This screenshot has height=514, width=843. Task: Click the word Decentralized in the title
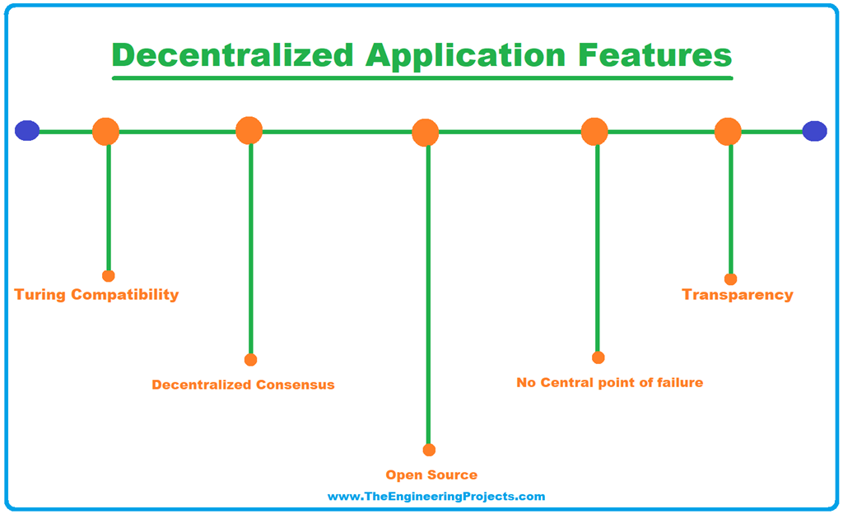click(233, 55)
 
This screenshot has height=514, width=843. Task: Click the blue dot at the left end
click(27, 131)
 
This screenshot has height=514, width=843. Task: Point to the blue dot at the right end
click(814, 131)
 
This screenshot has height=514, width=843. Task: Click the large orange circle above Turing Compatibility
click(106, 132)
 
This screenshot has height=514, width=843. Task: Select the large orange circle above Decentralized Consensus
click(249, 130)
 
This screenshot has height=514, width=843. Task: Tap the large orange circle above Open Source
click(426, 133)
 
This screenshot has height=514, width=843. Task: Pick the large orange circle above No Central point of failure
click(594, 132)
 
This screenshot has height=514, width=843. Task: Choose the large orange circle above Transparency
click(728, 132)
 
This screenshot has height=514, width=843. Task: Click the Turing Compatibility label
click(96, 295)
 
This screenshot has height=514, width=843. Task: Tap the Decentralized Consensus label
click(243, 385)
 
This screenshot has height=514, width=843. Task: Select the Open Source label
click(431, 475)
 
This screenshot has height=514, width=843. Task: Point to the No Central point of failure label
click(609, 383)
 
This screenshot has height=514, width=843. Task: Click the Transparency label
click(737, 295)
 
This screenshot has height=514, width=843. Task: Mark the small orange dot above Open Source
click(429, 450)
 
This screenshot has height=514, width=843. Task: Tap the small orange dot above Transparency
click(730, 279)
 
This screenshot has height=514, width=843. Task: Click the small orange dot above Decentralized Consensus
click(251, 360)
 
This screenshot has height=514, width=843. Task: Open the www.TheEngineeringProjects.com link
click(436, 497)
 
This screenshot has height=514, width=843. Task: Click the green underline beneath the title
click(421, 78)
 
